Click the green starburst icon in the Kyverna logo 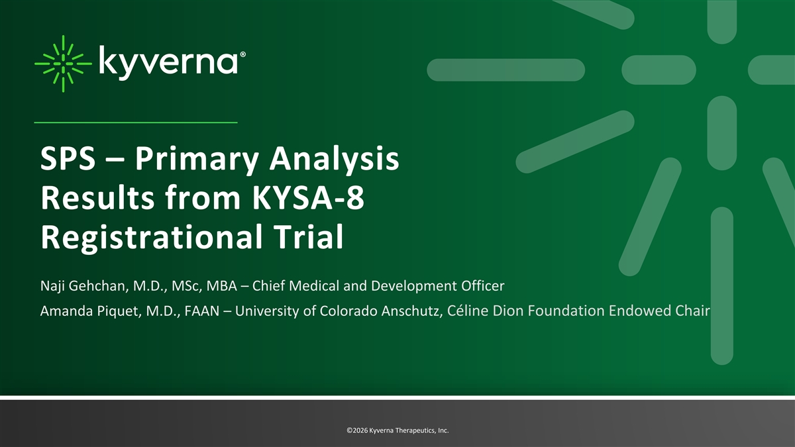click(63, 64)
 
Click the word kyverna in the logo click(168, 62)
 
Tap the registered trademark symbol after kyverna click(242, 54)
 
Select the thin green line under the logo click(136, 123)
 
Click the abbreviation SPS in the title click(68, 158)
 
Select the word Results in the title click(97, 197)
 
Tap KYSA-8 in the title click(309, 197)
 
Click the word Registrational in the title click(152, 237)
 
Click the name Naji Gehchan click(83, 286)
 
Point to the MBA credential click(222, 286)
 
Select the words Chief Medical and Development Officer click(378, 286)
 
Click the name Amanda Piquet click(89, 311)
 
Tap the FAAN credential click(202, 311)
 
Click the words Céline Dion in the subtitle click(486, 311)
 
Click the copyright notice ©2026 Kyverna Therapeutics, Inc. click(398, 430)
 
